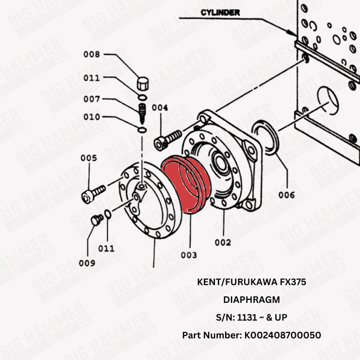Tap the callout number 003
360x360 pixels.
click(188, 255)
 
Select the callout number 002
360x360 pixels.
click(223, 242)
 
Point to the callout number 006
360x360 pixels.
click(287, 195)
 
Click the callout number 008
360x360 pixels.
click(92, 55)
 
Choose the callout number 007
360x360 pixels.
click(92, 98)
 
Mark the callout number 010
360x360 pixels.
click(92, 116)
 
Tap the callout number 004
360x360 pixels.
click(160, 107)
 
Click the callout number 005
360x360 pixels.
click(89, 158)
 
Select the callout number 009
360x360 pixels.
click(87, 262)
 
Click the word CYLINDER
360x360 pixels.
click(220, 11)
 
